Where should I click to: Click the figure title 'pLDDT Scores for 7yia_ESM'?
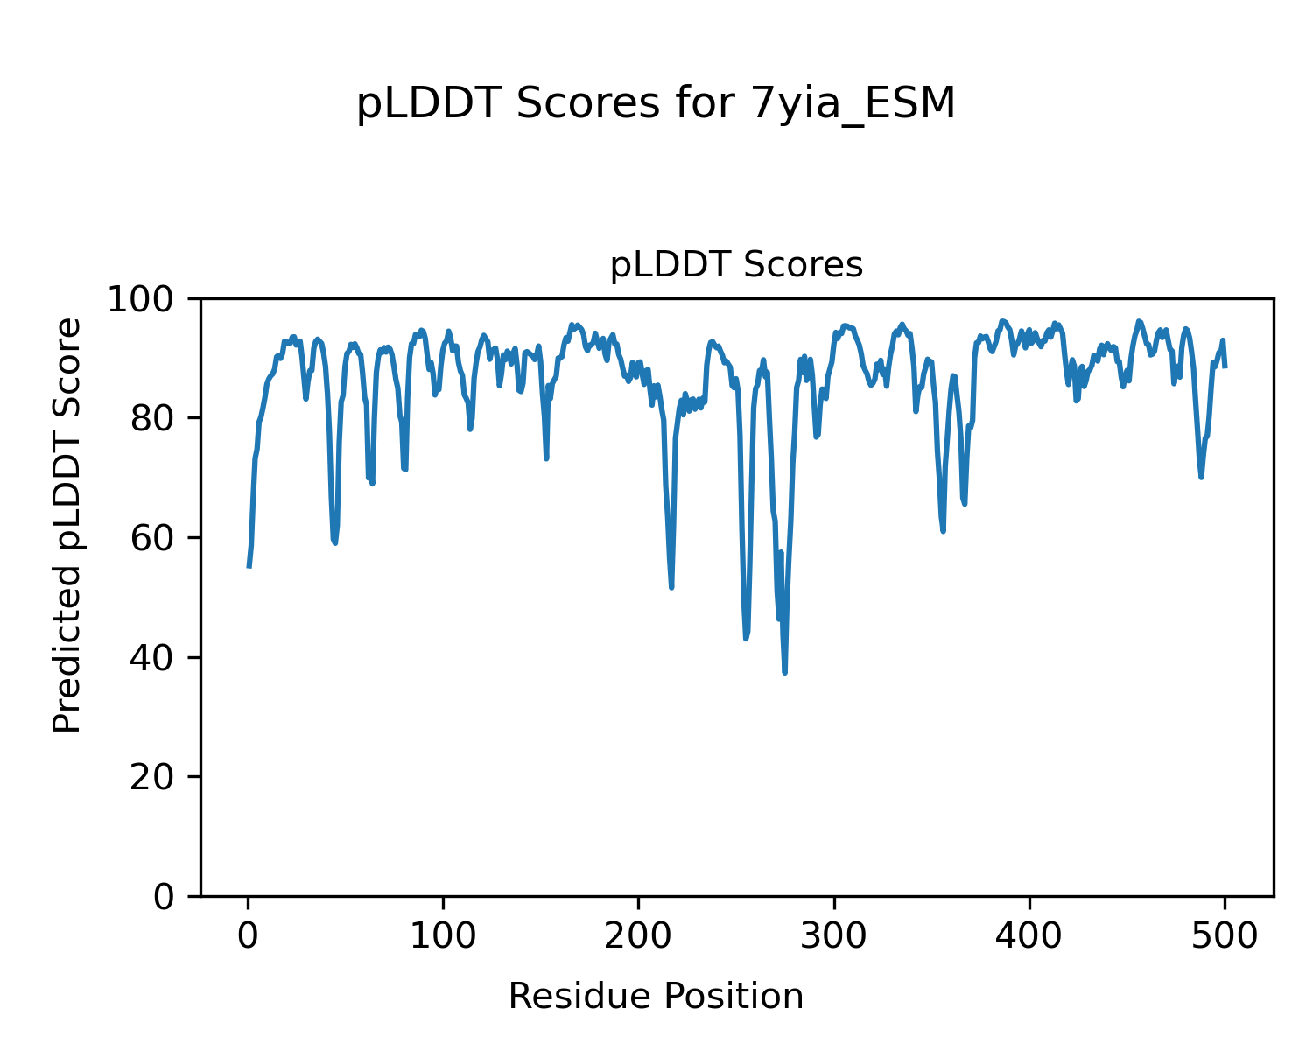[656, 105]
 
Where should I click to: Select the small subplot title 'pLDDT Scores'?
[736, 265]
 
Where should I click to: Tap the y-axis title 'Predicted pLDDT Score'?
[67, 525]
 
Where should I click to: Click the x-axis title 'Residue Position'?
[656, 997]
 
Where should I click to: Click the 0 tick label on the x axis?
[249, 936]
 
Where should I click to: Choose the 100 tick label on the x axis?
[444, 936]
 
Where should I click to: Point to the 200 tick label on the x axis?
[639, 936]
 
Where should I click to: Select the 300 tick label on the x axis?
[834, 936]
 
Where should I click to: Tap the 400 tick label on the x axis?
[1029, 936]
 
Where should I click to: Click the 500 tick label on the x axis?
[1225, 936]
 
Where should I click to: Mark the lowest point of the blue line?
[785, 673]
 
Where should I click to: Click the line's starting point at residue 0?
[249, 567]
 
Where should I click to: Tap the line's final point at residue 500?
[1225, 367]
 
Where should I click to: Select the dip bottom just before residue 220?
[671, 587]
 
